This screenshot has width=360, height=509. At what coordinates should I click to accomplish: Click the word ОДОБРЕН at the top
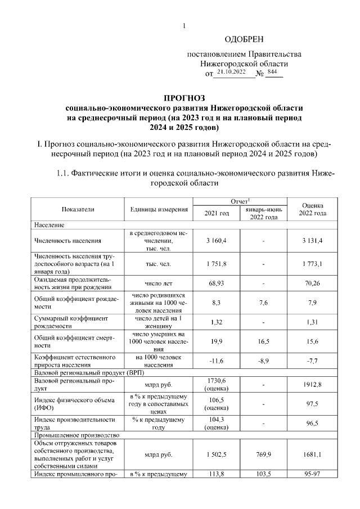tap(244, 39)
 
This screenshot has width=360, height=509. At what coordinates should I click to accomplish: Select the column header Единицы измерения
tap(159, 209)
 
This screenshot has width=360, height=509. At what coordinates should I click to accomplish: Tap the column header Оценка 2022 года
tap(313, 209)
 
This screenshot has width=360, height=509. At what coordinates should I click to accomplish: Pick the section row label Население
tap(49, 224)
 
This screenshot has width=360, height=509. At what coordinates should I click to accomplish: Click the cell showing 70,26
tap(313, 283)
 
